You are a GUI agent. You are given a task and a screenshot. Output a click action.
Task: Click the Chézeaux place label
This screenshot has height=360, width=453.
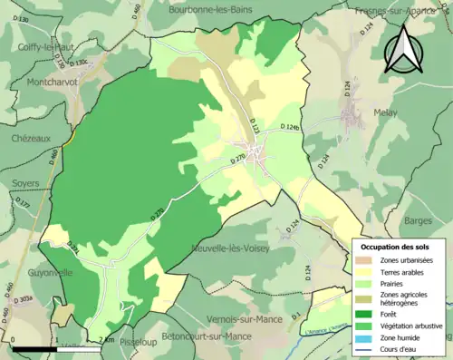click(26, 138)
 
